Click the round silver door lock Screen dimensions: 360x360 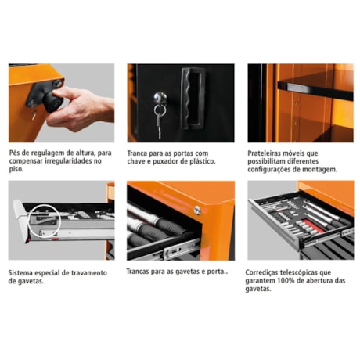tap(160, 98)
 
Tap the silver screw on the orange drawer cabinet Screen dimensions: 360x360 tap(197, 209)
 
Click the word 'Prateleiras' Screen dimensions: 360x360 tap(265, 153)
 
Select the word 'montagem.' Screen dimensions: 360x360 tap(318, 170)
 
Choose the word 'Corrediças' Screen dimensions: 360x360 tap(265, 272)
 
